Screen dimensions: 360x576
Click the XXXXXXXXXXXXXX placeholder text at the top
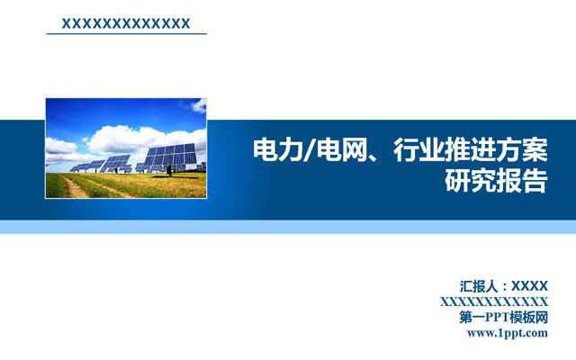click(x=124, y=22)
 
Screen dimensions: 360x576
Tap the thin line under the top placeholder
click(x=126, y=34)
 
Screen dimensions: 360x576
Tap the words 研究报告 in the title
click(x=497, y=181)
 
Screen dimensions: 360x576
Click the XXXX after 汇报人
click(x=530, y=286)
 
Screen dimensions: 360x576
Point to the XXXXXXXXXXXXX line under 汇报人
click(x=494, y=301)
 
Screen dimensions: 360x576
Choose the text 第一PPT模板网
click(x=503, y=317)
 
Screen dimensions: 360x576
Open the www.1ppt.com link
click(x=508, y=333)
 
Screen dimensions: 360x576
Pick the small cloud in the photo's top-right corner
click(x=197, y=105)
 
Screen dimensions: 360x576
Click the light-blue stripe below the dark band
click(x=288, y=227)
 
